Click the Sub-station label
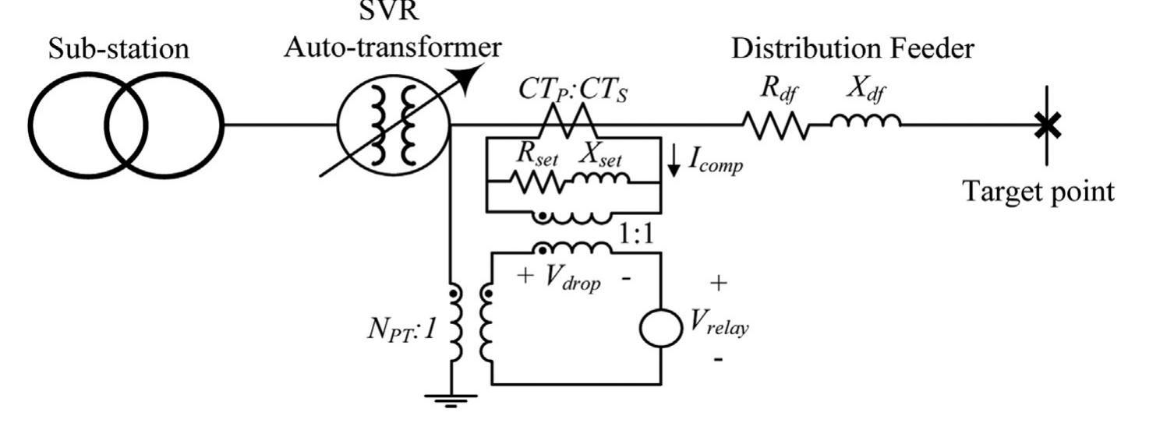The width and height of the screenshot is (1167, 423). [x=118, y=48]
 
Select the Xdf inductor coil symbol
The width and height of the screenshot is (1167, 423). [x=865, y=121]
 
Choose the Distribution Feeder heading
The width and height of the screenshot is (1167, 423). [x=852, y=48]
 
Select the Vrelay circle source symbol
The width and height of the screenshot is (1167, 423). [x=660, y=329]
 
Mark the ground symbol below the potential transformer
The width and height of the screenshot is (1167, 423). [x=450, y=400]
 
